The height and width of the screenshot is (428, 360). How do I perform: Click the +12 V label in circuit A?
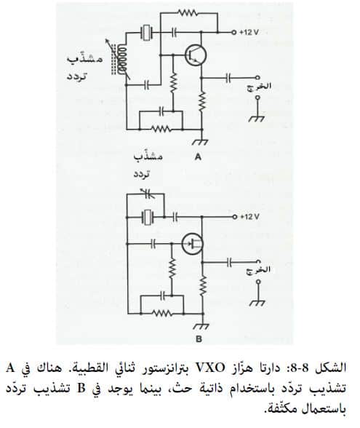click(x=249, y=32)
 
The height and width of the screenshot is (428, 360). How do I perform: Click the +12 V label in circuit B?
click(x=249, y=217)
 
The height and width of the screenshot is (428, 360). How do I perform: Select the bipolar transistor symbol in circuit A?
click(x=195, y=55)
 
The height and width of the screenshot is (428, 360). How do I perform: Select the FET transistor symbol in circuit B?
click(x=192, y=244)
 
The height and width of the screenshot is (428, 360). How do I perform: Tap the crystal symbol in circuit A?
click(x=146, y=33)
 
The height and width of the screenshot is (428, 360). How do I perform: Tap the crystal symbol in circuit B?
click(x=148, y=218)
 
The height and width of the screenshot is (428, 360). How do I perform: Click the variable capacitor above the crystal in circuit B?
click(x=147, y=194)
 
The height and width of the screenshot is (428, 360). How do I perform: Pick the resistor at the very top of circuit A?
click(x=187, y=12)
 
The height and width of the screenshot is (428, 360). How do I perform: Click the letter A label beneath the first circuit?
click(x=199, y=157)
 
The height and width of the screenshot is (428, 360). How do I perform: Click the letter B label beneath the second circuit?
click(x=199, y=339)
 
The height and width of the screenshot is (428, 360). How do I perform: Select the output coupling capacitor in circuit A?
click(x=228, y=78)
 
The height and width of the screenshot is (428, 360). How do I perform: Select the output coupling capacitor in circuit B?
click(x=229, y=262)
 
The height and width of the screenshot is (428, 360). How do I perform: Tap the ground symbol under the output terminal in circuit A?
click(x=257, y=119)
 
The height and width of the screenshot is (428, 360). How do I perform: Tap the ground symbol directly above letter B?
click(x=201, y=326)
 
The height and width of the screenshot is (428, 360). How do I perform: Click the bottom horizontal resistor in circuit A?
click(x=161, y=129)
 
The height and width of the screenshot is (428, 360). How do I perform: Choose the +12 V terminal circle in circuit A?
click(x=233, y=32)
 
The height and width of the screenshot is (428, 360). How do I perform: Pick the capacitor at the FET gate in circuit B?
click(x=153, y=243)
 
